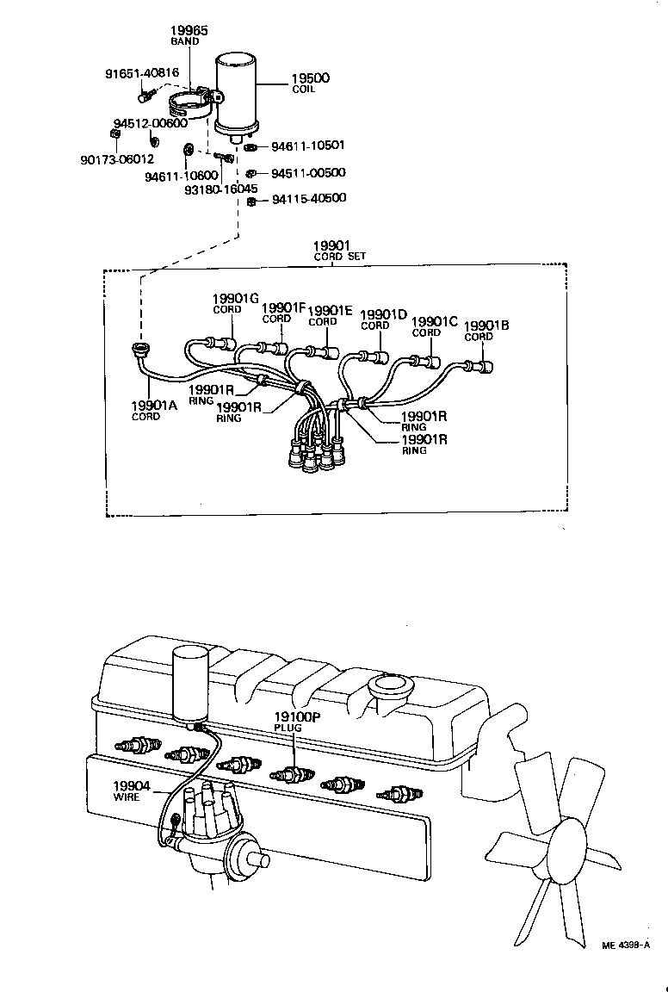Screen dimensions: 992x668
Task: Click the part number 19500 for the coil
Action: (x=310, y=77)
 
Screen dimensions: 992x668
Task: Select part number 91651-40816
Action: (x=142, y=74)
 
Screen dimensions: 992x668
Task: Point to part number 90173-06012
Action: (x=118, y=158)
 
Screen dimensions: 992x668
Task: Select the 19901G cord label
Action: (x=235, y=303)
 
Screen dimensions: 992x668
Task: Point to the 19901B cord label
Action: (x=486, y=330)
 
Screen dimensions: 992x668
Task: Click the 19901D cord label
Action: (x=383, y=319)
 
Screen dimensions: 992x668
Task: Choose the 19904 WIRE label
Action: (x=132, y=790)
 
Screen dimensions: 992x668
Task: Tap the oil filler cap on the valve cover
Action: (x=390, y=688)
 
